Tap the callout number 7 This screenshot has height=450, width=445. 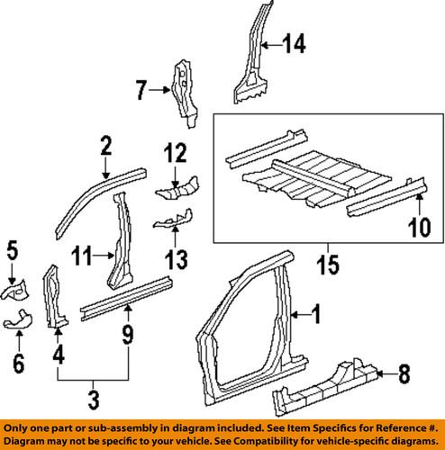coord(140,89)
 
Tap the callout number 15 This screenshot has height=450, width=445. coord(326,269)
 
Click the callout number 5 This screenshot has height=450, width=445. coord(13,247)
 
